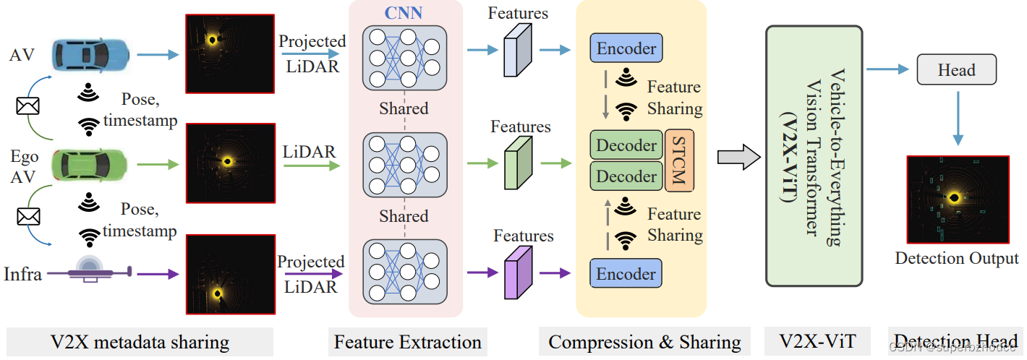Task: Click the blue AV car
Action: tap(90, 53)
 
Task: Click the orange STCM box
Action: tap(679, 160)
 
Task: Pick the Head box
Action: tap(956, 70)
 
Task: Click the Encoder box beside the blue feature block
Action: tap(626, 48)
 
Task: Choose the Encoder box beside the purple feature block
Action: tap(626, 274)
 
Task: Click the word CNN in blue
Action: tap(404, 13)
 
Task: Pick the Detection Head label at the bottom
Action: tap(955, 342)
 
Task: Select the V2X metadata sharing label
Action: tap(140, 342)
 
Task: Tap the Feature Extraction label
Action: tap(407, 342)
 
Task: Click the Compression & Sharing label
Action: tap(644, 342)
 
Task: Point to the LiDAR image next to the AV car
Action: tap(230, 54)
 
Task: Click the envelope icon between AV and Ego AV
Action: tap(28, 106)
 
